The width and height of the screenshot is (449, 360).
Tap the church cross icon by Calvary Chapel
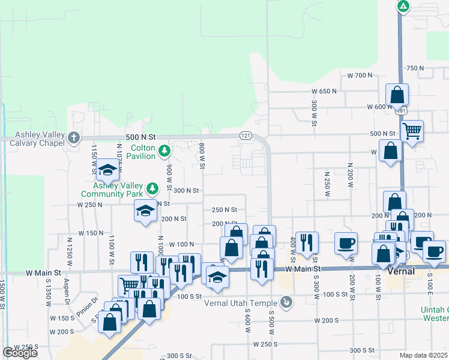[74, 138]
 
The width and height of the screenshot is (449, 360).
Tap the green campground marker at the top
[403, 7]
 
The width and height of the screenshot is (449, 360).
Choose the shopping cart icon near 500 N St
[412, 130]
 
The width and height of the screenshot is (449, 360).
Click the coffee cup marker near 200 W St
[346, 243]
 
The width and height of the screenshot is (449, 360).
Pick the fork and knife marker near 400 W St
[307, 242]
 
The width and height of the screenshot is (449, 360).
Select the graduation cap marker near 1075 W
[107, 170]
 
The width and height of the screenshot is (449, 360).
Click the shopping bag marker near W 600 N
[397, 94]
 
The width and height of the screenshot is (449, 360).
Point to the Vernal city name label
[403, 271]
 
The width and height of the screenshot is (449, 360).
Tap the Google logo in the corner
[20, 353]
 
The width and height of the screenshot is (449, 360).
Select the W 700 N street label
[360, 75]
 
